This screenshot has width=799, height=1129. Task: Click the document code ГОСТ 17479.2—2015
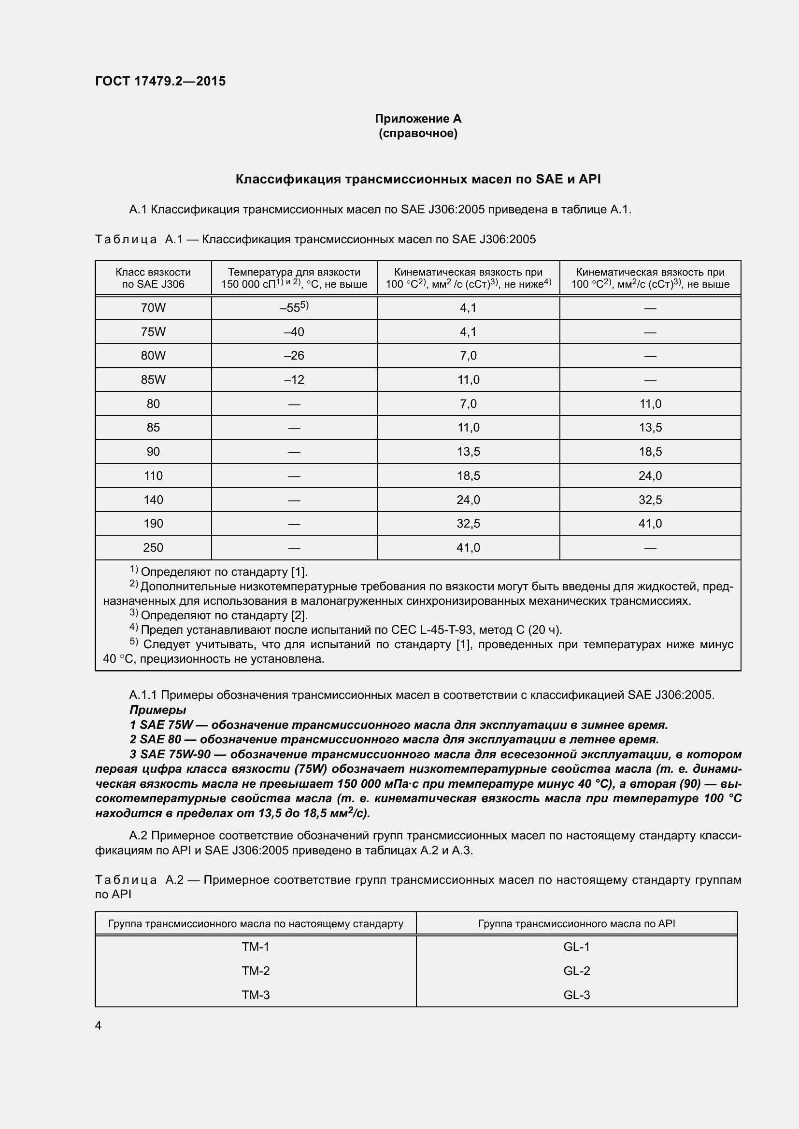[160, 81]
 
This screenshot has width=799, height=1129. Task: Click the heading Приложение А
[418, 119]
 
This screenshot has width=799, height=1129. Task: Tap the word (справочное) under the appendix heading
[418, 133]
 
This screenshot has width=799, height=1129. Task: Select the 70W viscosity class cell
[153, 308]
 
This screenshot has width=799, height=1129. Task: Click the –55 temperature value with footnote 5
[294, 307]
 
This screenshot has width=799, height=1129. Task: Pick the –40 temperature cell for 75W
[294, 332]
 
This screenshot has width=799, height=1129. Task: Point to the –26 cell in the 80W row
[294, 356]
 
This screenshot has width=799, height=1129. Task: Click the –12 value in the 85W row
[294, 379]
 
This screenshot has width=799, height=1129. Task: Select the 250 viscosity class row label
[153, 548]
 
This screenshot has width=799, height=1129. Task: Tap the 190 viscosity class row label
[153, 524]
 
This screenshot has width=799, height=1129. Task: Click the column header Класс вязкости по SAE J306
[153, 279]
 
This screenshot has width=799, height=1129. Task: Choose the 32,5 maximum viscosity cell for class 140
[650, 500]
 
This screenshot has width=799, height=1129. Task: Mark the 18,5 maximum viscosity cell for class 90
[650, 452]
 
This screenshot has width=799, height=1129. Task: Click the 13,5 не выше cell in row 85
[650, 428]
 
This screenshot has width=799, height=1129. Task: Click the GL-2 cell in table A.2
[576, 971]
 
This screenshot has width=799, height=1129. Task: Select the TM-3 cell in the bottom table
[256, 995]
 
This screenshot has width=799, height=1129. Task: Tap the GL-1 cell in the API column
[576, 947]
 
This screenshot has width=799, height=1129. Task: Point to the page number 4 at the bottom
[99, 1026]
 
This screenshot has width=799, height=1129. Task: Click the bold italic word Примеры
[157, 710]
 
